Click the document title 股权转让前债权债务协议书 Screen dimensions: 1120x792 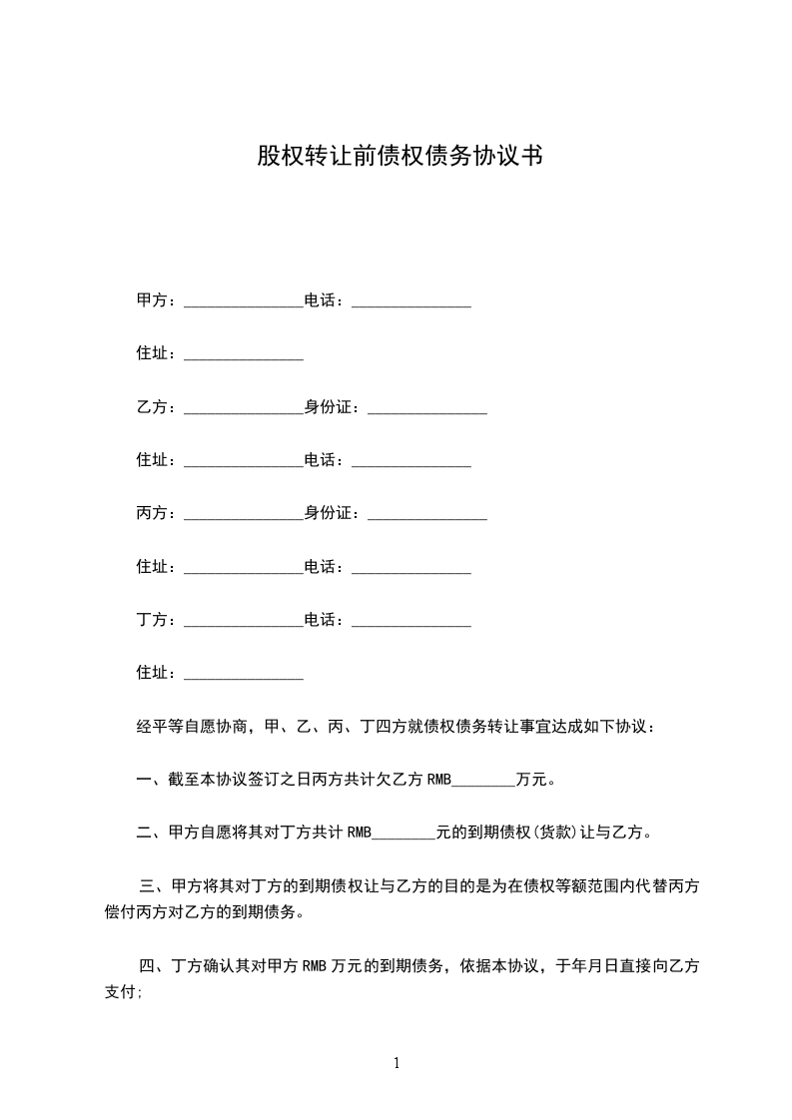[399, 156]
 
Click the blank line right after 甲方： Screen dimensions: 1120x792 [244, 301]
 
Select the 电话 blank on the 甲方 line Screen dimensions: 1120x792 [411, 301]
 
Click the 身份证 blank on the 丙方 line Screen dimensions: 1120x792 [427, 514]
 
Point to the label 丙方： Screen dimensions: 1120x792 [157, 514]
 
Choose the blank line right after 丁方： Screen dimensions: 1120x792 [244, 621]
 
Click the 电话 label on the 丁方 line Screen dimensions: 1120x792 [324, 621]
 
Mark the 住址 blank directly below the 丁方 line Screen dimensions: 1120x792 [244, 674]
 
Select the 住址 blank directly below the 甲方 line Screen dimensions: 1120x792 [244, 354]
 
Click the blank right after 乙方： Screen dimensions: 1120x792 [244, 407]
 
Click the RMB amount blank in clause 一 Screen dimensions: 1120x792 [483, 781]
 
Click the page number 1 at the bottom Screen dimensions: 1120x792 [396, 1064]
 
